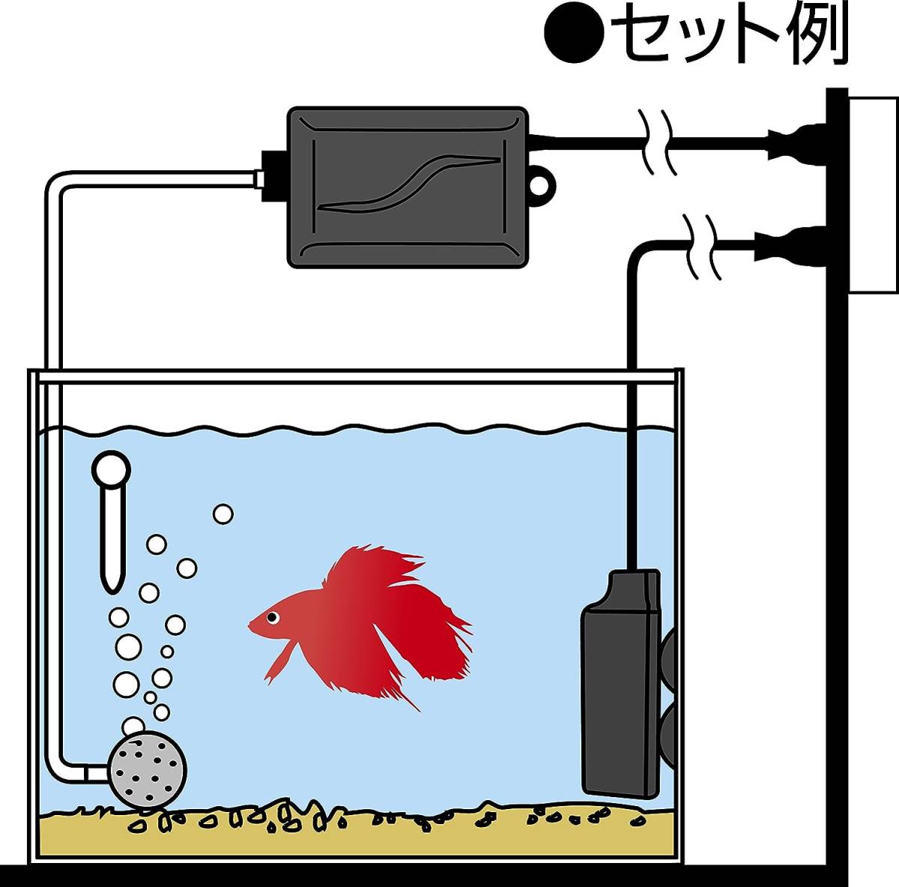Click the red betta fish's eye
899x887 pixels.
[x=270, y=617]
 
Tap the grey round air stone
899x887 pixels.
[x=148, y=767]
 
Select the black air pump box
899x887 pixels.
[x=408, y=187]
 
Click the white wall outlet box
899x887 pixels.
[x=873, y=195]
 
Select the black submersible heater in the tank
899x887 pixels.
[x=620, y=685]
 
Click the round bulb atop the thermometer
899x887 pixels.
[x=112, y=470]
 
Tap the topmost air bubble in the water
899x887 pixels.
[x=223, y=514]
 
